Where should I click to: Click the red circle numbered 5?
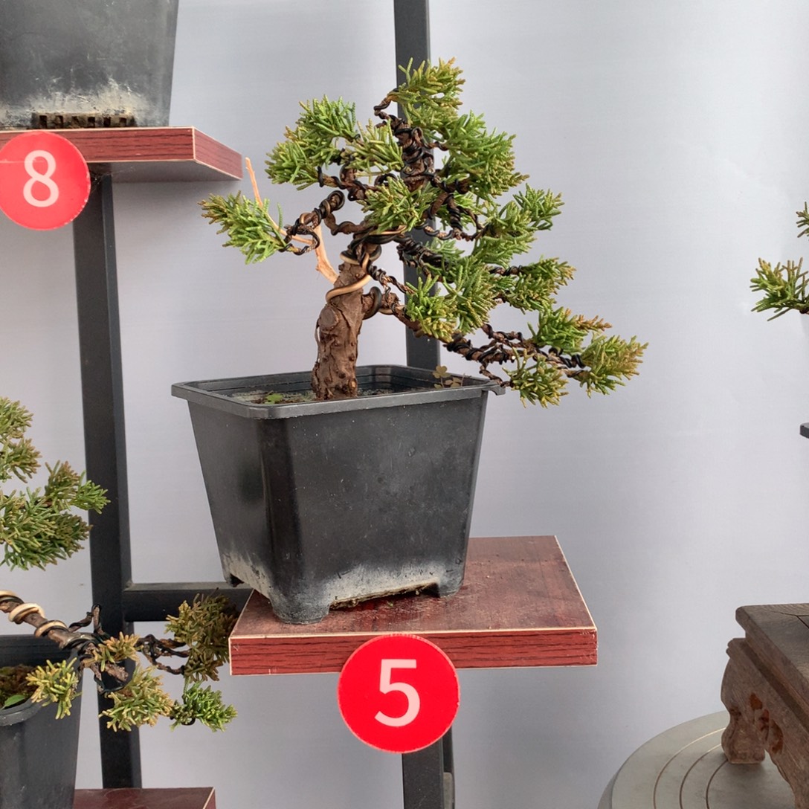[399, 694]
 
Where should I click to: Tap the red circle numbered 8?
[43, 180]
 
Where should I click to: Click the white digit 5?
[397, 692]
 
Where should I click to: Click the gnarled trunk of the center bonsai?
[338, 335]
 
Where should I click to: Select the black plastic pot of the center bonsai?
[335, 490]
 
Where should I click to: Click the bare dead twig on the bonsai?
[289, 222]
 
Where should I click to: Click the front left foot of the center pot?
[302, 609]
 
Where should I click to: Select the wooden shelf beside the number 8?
[155, 152]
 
